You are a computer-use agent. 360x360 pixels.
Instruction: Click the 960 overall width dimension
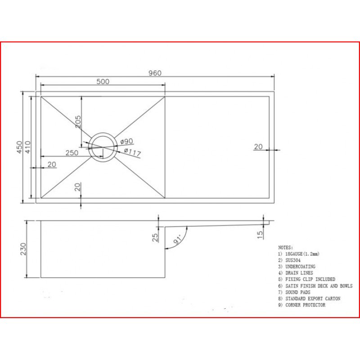tap(155, 73)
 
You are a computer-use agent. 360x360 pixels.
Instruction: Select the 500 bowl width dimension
tap(103, 81)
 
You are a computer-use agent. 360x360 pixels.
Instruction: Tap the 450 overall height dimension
tap(19, 147)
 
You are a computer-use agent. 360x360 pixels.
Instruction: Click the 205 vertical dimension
tap(78, 121)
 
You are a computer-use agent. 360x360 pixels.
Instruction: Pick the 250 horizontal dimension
tap(72, 153)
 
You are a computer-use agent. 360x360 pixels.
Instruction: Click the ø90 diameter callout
tap(127, 141)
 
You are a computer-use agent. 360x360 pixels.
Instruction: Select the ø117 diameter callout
tap(132, 152)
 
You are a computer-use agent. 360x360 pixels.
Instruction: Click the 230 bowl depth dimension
tap(23, 249)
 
